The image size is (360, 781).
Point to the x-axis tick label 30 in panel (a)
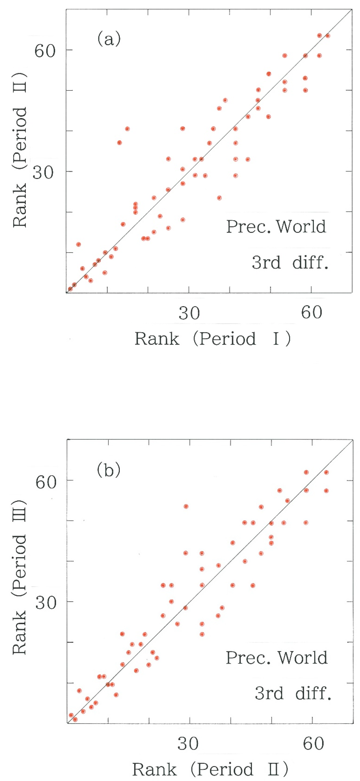(x=189, y=313)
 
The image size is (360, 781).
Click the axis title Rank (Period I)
(x=212, y=339)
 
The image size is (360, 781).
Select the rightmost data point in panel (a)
(x=328, y=36)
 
